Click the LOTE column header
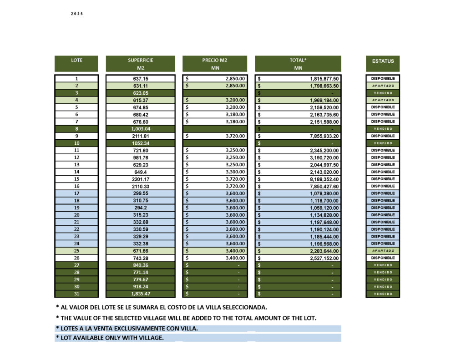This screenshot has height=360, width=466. click(x=76, y=60)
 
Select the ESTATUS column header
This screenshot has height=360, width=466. click(x=383, y=61)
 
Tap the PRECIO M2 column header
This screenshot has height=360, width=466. click(x=215, y=60)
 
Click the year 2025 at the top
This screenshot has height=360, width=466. click(x=77, y=14)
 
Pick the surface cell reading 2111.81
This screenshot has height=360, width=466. click(x=140, y=136)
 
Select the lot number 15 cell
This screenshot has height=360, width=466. click(x=76, y=179)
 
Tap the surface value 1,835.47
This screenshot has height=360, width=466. click(x=140, y=294)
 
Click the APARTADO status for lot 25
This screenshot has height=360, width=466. click(x=383, y=251)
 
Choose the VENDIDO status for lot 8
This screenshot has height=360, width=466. click(x=383, y=129)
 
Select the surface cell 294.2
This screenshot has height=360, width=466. click(x=140, y=208)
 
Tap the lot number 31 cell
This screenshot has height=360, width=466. click(x=76, y=294)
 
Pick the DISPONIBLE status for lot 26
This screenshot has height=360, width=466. click(x=383, y=258)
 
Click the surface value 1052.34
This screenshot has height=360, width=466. click(x=140, y=143)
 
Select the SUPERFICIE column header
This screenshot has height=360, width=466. click(x=140, y=60)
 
